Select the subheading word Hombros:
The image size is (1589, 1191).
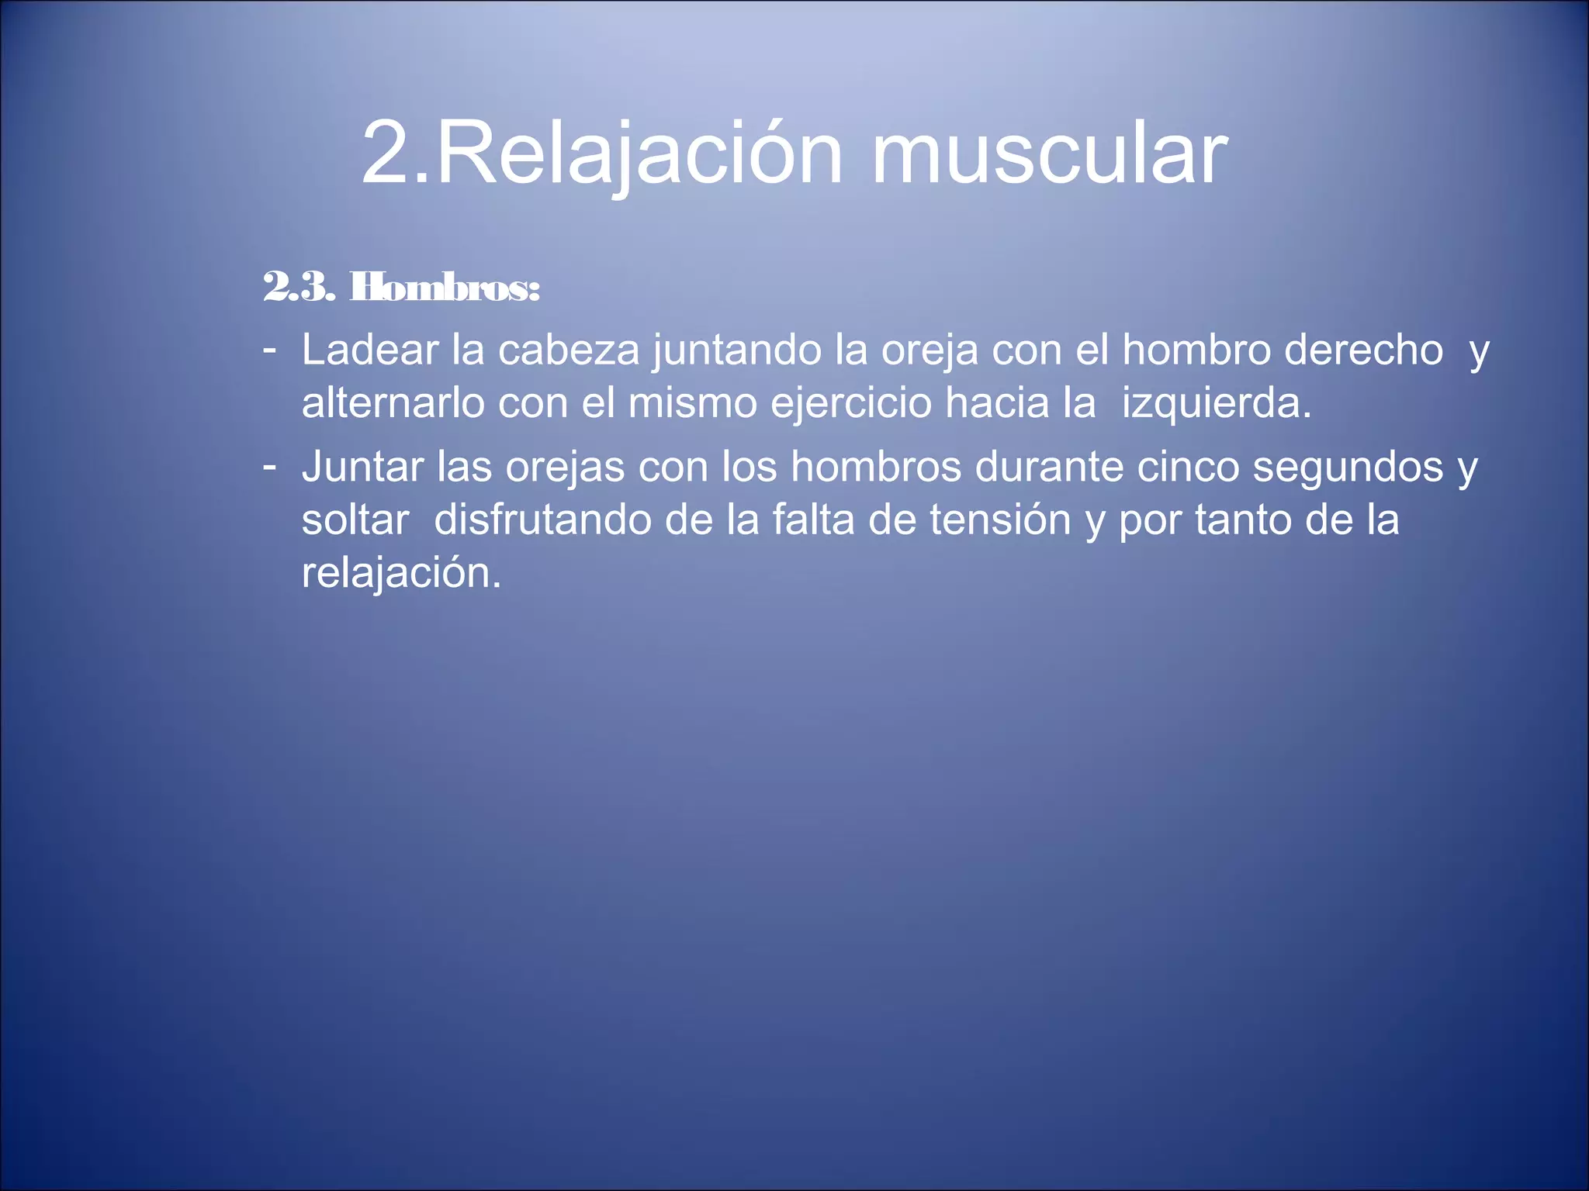pos(445,288)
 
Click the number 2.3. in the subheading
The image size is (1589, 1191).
pos(299,288)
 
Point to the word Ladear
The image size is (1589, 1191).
pos(370,350)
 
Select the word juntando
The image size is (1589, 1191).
pos(737,350)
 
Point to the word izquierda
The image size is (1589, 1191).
pos(1216,403)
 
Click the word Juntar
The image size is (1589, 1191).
pos(362,467)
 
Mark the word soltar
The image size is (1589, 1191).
pos(355,520)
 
